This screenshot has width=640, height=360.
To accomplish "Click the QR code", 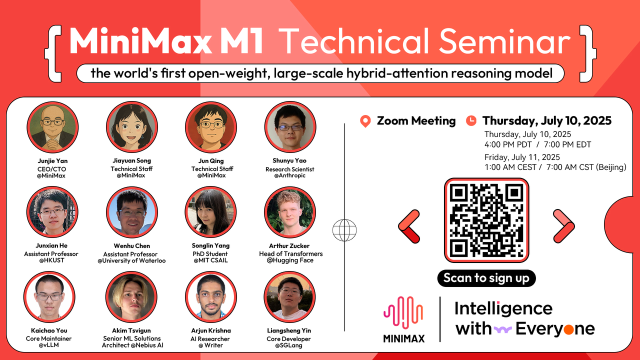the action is [486, 220].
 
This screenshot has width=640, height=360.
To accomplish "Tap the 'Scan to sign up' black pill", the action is [486, 278].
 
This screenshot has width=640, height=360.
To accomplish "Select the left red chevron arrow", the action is [409, 226].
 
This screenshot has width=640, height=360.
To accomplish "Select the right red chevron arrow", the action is [563, 226].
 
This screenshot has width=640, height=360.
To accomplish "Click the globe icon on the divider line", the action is [344, 230].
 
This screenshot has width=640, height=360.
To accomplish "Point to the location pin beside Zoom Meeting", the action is [365, 121].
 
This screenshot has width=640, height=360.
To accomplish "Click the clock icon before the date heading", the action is [471, 120].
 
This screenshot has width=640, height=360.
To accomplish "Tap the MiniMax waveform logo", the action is [403, 312].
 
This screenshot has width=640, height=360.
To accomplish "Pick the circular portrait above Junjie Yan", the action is [52, 127].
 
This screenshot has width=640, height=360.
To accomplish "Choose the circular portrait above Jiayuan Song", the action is [131, 127].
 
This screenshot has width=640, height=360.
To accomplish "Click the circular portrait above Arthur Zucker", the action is [289, 212].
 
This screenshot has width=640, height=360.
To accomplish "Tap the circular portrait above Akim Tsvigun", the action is [131, 297].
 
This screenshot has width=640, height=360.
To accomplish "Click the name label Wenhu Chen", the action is [131, 245].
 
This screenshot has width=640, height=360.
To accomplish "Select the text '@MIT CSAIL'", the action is [210, 260].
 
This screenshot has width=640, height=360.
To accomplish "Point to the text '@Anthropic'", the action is [289, 175].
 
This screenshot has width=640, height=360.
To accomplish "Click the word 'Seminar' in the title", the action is [505, 41].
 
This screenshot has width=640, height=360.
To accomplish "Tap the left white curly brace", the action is [53, 53].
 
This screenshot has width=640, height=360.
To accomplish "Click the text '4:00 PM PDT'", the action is [508, 144].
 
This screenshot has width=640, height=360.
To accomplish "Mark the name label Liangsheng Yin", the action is [289, 330].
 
